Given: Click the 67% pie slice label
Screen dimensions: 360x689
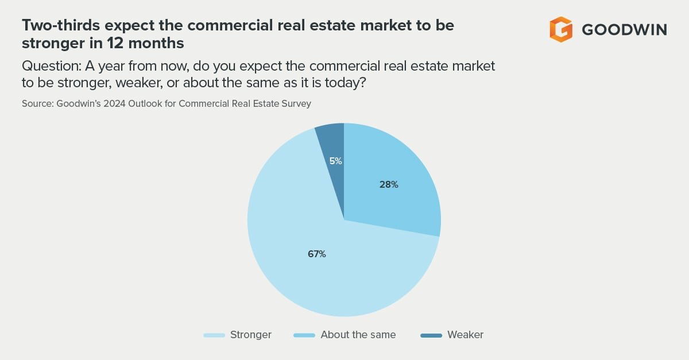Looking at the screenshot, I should (316, 254).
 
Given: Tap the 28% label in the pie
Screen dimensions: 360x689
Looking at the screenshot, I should (389, 185).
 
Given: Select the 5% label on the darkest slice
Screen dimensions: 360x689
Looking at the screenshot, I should (336, 161).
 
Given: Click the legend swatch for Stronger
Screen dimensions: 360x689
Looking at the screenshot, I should (214, 335).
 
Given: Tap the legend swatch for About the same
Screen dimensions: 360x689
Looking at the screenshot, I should (304, 335).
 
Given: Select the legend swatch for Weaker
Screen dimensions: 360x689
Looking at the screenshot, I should (431, 335).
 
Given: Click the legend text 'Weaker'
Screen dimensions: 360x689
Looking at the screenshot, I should (466, 335).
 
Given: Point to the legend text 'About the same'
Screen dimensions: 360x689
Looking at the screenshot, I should (358, 335).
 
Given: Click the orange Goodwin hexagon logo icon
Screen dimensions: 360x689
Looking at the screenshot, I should (561, 29).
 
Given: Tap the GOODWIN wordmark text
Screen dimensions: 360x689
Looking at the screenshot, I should (624, 30).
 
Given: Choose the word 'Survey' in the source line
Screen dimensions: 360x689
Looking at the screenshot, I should (297, 104).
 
